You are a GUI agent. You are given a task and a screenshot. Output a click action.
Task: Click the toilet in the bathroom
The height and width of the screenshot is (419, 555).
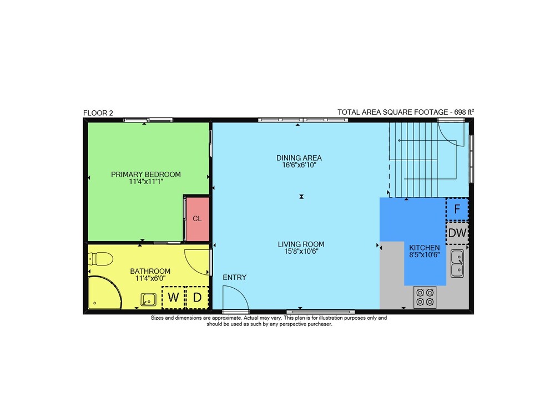[x=100, y=259]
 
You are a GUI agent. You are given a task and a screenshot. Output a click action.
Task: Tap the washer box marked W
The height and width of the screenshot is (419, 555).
[x=173, y=297]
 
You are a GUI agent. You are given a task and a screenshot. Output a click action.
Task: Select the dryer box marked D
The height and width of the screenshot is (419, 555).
[x=197, y=297]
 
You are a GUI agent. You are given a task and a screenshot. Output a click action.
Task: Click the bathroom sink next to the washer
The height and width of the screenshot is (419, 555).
[x=149, y=300]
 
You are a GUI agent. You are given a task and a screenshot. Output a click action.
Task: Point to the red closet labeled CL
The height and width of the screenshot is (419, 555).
[x=197, y=219]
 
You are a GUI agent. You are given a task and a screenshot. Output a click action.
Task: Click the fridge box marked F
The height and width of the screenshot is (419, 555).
[x=457, y=209]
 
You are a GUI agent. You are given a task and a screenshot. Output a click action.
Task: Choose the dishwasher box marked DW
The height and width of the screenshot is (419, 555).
[x=457, y=233]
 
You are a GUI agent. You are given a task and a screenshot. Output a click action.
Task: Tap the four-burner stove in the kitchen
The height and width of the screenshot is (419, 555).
[x=425, y=298]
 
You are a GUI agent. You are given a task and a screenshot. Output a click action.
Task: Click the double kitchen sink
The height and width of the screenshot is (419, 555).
[x=457, y=263]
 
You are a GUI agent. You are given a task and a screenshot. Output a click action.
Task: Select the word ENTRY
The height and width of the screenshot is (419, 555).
[x=234, y=278]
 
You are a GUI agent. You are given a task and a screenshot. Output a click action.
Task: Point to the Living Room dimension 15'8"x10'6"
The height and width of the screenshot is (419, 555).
[x=301, y=252]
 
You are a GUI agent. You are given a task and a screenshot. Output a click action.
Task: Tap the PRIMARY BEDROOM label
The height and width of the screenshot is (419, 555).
[x=146, y=175]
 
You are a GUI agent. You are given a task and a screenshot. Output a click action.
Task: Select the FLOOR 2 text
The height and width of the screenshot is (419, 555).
[x=98, y=113]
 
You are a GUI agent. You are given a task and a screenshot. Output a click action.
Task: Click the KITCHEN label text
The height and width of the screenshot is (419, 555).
[x=425, y=248]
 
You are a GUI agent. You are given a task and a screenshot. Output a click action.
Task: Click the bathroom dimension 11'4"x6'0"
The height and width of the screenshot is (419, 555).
[x=150, y=279]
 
